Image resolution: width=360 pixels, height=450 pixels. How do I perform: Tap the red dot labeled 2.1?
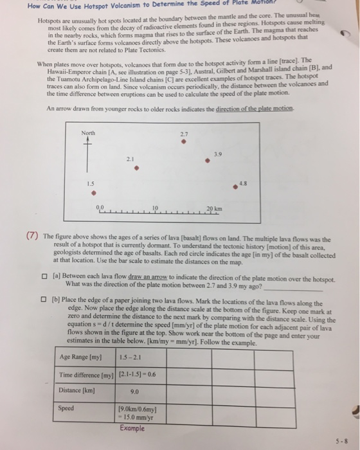(136, 170)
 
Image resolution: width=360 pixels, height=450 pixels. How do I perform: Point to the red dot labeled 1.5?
(94, 191)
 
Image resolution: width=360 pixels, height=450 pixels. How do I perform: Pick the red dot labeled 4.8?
(237, 187)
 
